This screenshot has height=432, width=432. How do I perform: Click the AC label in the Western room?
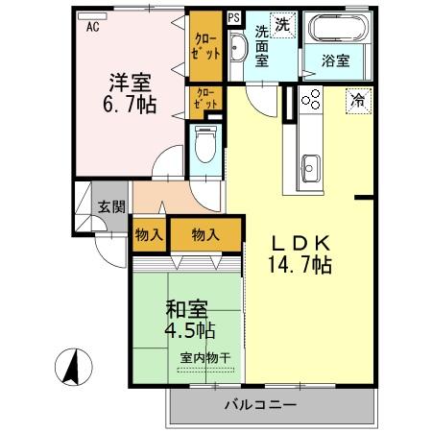[x=93, y=27]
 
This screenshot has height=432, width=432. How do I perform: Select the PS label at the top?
[x=233, y=17]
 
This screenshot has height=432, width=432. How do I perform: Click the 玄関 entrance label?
[x=110, y=206]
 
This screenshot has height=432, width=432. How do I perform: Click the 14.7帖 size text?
[x=300, y=266]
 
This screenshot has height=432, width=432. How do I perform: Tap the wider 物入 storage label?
[x=204, y=233]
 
